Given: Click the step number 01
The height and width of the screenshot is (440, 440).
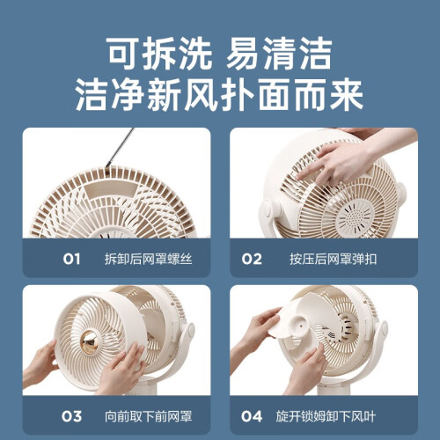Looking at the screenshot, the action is (x=71, y=259).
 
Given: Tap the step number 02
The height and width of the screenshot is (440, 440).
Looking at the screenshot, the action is (x=252, y=259).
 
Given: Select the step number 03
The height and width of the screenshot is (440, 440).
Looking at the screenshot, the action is (x=71, y=416).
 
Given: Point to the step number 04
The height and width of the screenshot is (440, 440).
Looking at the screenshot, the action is (x=252, y=416).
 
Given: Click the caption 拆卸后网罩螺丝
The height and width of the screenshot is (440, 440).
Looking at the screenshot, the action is (x=149, y=259).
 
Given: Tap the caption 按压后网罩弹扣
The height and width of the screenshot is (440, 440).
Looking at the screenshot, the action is (x=333, y=259).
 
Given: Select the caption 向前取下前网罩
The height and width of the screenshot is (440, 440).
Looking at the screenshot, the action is (x=149, y=416).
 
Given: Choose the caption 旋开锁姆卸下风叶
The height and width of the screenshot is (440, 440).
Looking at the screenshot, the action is (x=326, y=416).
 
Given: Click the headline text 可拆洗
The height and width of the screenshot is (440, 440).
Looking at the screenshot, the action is (x=158, y=54).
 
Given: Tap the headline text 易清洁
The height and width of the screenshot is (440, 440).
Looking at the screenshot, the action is (x=279, y=54).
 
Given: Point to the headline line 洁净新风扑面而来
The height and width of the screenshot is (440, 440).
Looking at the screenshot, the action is (x=219, y=95).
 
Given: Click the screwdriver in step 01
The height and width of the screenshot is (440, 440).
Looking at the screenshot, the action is (x=121, y=148).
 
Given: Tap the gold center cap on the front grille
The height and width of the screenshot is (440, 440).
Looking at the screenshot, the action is (x=90, y=341).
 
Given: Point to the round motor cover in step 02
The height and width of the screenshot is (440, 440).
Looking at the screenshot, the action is (x=356, y=217).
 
